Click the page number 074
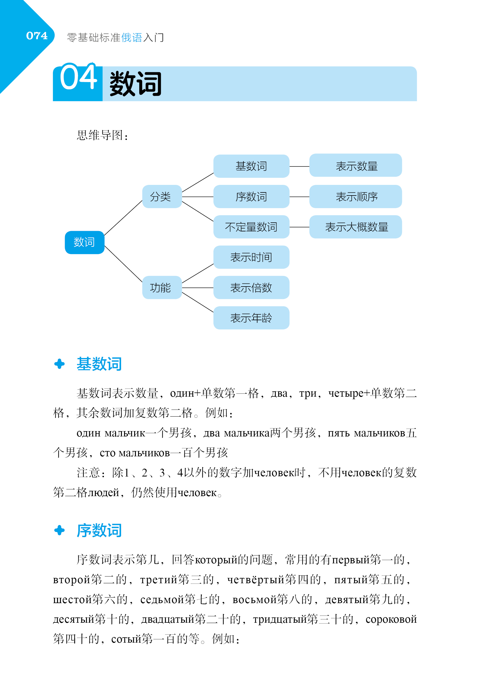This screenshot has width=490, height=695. (37, 36)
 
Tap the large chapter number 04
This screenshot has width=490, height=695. (78, 78)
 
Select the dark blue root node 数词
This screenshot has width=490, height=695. (84, 242)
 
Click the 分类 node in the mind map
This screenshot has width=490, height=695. (162, 196)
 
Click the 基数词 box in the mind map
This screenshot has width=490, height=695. (251, 166)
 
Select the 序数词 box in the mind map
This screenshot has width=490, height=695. (251, 196)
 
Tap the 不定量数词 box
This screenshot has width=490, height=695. (251, 227)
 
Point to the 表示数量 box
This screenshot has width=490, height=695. (355, 166)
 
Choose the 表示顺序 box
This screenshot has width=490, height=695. (355, 196)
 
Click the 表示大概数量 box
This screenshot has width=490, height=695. (355, 227)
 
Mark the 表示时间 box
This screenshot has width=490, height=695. (251, 257)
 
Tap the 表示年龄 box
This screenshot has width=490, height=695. (251, 318)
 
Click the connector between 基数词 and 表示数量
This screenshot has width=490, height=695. (299, 166)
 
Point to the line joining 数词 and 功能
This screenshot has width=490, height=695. (123, 264)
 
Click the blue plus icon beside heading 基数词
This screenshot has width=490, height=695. (59, 364)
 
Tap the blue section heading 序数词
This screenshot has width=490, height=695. (99, 530)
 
